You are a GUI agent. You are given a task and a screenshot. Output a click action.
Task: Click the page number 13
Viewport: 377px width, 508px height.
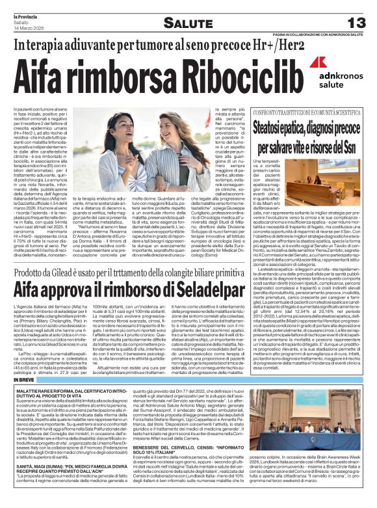click(x=357, y=23)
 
